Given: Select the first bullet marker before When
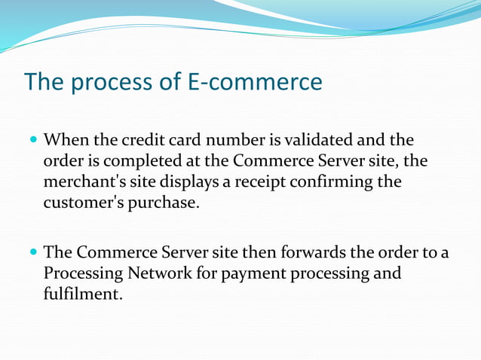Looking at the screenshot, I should coord(32,141).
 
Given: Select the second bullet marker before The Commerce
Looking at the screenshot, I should coord(32,252).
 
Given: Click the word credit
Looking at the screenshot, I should coord(142,141).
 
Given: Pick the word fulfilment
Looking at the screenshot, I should coord(82,294).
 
